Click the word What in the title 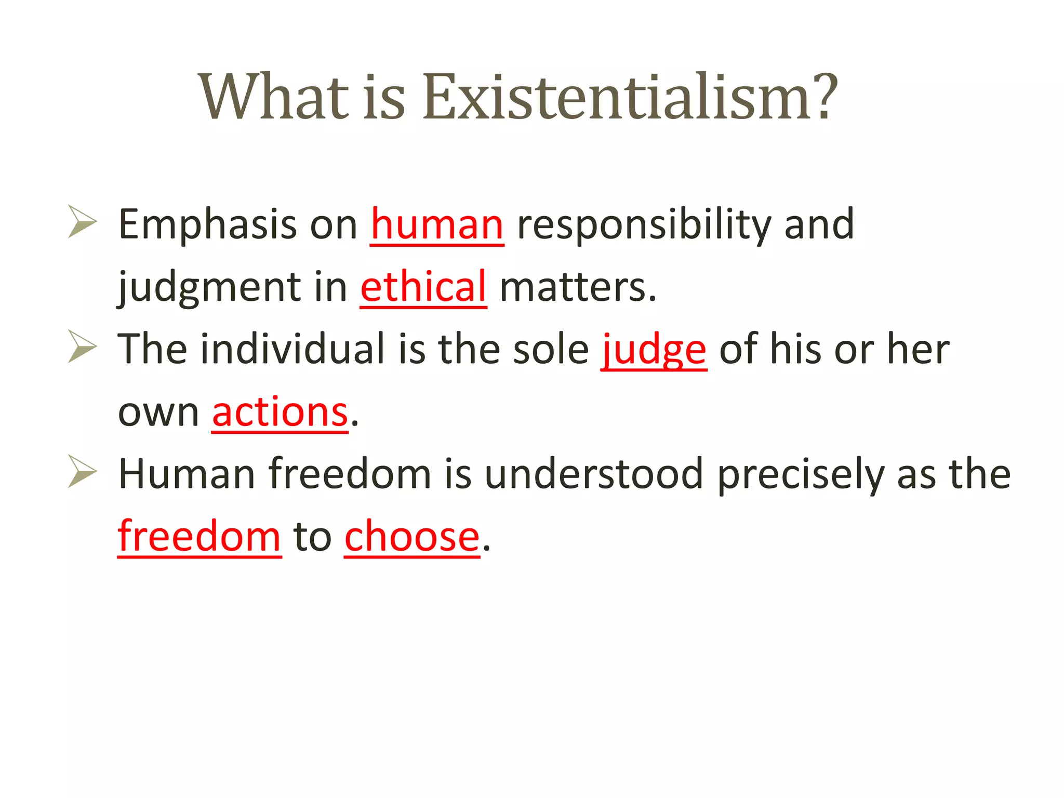273,98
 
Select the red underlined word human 437,225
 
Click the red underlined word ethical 423,287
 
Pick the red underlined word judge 654,350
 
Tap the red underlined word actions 280,413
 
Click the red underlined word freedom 199,537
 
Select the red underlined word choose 412,537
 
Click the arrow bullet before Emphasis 82,222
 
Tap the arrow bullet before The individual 82,347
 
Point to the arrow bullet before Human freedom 82,471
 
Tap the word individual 292,349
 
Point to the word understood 594,474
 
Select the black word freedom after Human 350,474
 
